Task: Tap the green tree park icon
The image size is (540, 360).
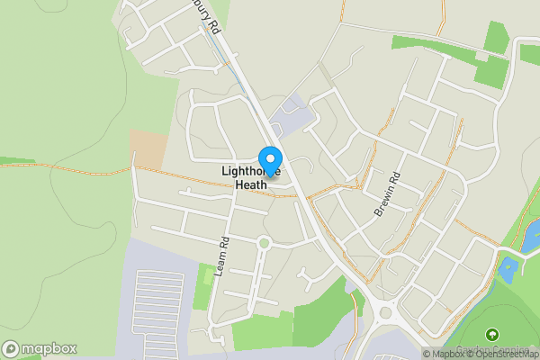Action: coord(491,336)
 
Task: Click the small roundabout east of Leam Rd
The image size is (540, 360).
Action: coord(264,242)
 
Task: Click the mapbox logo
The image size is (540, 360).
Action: coord(40,348)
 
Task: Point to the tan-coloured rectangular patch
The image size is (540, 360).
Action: coord(148,147)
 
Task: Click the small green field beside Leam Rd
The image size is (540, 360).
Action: coord(202,285)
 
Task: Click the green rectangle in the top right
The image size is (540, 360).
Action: coord(495,38)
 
